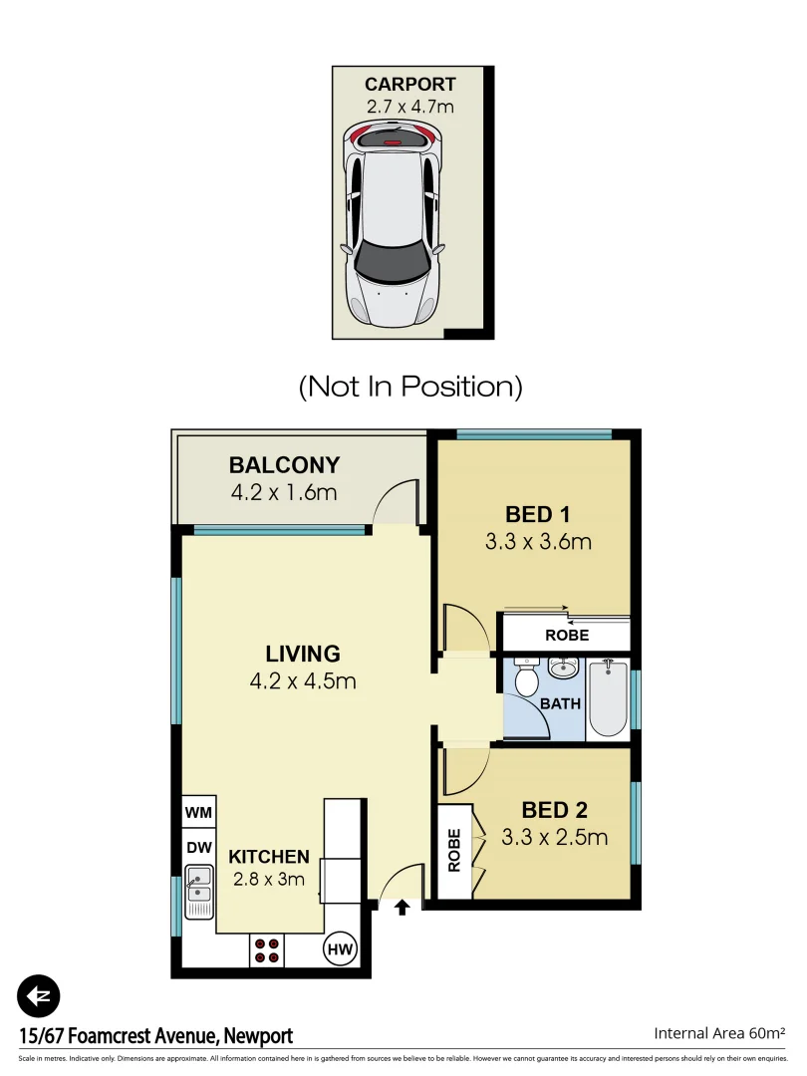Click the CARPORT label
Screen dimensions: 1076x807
(410, 85)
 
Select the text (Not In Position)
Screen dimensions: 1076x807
(410, 386)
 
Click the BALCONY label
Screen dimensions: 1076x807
(284, 465)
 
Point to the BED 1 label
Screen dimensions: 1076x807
(537, 515)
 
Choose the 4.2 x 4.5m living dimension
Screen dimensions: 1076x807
(303, 682)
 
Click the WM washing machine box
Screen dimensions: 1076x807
(198, 813)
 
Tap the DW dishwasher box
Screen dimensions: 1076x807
(198, 847)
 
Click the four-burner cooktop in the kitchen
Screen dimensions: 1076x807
(266, 950)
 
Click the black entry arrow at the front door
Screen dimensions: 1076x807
(403, 908)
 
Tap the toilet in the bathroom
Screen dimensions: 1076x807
(526, 678)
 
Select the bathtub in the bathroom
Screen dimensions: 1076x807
(608, 697)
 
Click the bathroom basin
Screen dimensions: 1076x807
(564, 668)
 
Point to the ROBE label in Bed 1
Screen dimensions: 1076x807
(566, 635)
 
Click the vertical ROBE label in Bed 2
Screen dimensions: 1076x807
(454, 851)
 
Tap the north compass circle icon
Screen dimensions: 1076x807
(39, 995)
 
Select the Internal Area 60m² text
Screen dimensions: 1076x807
(719, 1033)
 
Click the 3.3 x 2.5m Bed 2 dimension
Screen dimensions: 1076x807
(555, 838)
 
